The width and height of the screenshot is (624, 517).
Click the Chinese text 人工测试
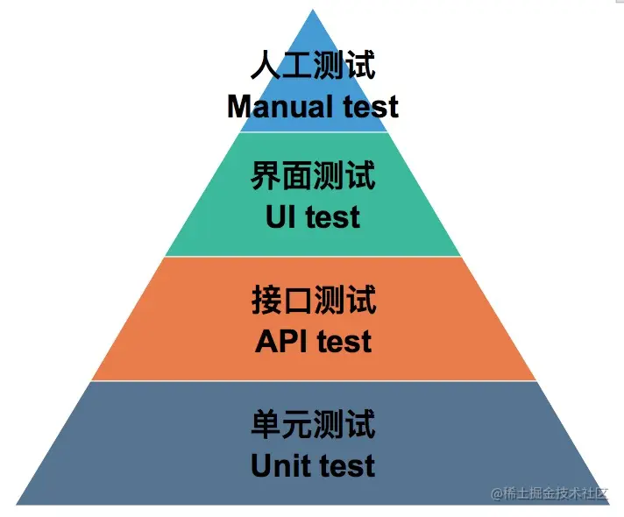[313, 67]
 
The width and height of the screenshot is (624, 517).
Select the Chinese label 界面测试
[313, 176]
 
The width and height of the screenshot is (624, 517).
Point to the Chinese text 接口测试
[313, 301]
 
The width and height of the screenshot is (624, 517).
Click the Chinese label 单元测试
[313, 425]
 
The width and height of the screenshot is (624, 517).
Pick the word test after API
[344, 341]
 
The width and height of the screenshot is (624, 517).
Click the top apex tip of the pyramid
[313, 11]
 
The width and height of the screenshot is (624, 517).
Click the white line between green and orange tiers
[313, 257]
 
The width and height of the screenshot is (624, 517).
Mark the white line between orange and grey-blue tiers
[313, 381]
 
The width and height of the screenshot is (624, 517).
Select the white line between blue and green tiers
[313, 132]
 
